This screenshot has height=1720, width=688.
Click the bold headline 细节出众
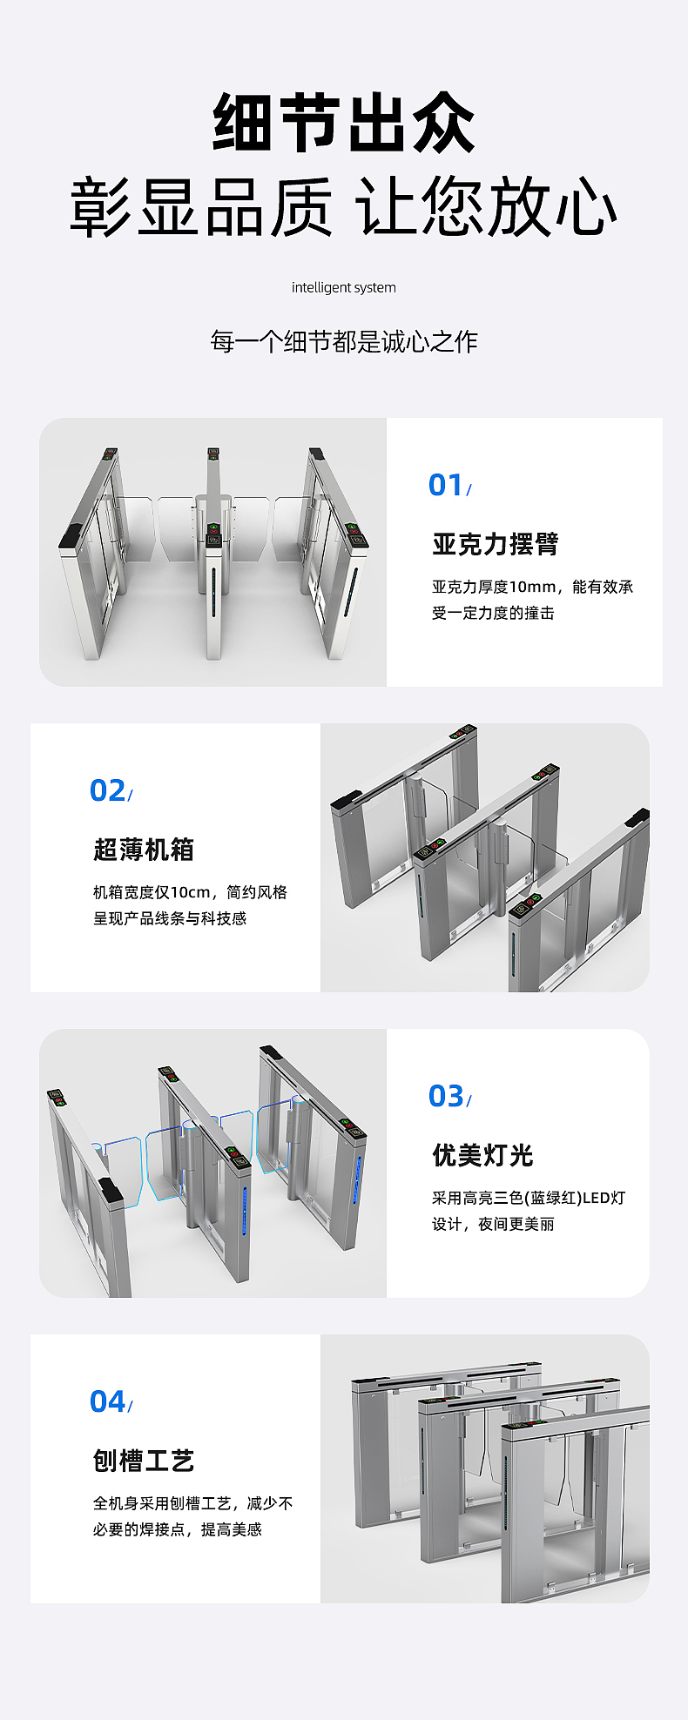[344, 124]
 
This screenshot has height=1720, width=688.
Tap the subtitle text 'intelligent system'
[343, 288]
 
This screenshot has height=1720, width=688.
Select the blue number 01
[446, 486]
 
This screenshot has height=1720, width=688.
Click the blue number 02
[107, 791]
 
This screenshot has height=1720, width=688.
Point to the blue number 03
[446, 1097]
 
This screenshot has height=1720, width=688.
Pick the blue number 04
[107, 1402]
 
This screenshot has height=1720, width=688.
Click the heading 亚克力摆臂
[495, 545]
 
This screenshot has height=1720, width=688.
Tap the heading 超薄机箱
[144, 850]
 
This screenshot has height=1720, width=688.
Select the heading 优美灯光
[482, 1156]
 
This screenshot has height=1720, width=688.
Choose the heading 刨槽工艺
[144, 1461]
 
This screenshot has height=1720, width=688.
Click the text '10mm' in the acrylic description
[532, 588]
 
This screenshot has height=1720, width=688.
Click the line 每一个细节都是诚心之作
[344, 342]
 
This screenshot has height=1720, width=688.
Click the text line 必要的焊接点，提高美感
[178, 1530]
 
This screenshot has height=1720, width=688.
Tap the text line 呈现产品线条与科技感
[170, 919]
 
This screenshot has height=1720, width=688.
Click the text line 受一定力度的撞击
[493, 614]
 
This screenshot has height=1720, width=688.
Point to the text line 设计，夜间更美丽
[493, 1225]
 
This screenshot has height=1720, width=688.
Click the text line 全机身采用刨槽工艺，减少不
[192, 1504]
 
